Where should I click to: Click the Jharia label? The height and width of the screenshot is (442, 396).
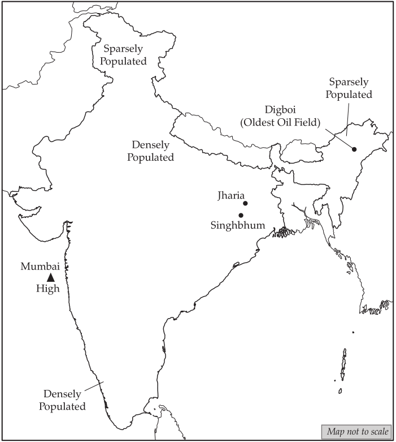point(229,196)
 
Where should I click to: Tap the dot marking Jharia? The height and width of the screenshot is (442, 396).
point(245,203)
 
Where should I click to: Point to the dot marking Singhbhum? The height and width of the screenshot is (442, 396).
point(241,215)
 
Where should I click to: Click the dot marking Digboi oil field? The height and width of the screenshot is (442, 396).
point(354,149)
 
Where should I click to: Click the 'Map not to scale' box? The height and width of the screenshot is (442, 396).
point(356,432)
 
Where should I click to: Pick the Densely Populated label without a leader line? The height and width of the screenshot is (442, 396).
point(150,151)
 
